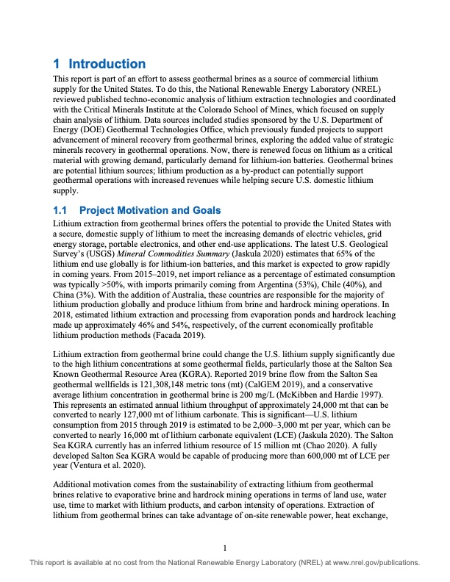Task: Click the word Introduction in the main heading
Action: click(x=107, y=64)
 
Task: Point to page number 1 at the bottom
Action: click(x=225, y=546)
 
